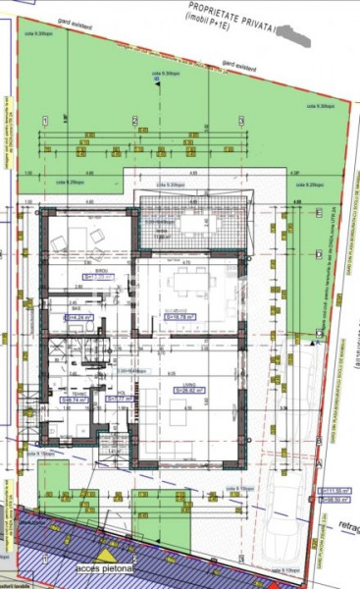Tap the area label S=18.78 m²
pyautogui.click(x=182, y=317)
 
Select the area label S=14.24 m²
pyautogui.click(x=77, y=317)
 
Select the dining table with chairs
pyautogui.click(x=186, y=285)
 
